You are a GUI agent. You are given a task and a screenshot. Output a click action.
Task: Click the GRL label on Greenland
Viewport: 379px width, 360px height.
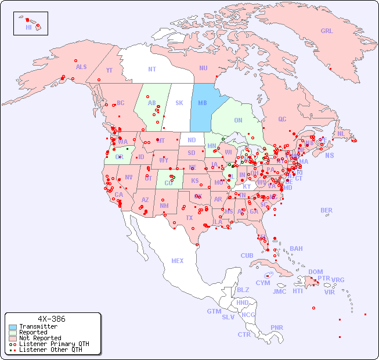pyautogui.click(x=327, y=31)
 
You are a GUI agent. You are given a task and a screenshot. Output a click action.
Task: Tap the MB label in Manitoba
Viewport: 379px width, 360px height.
pyautogui.click(x=203, y=103)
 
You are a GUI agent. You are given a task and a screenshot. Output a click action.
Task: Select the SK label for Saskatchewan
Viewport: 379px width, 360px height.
pyautogui.click(x=179, y=103)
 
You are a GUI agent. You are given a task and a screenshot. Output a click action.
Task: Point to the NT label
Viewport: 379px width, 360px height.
pyautogui.click(x=152, y=69)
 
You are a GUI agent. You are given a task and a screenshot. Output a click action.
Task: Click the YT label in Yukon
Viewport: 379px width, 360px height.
pyautogui.click(x=109, y=70)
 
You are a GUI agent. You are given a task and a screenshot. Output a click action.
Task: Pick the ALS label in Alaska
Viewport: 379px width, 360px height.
pyautogui.click(x=81, y=67)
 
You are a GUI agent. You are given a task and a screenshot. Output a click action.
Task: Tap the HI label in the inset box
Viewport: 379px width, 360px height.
pyautogui.click(x=28, y=27)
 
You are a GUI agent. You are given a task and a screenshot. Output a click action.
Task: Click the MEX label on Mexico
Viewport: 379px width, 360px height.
pyautogui.click(x=178, y=261)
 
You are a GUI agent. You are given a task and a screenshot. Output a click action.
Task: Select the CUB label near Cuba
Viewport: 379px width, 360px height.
pyautogui.click(x=247, y=255)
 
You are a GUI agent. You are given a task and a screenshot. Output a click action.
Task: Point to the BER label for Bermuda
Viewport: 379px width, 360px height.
pyautogui.click(x=327, y=210)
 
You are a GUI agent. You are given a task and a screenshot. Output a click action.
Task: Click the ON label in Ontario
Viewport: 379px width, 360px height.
pyautogui.click(x=238, y=120)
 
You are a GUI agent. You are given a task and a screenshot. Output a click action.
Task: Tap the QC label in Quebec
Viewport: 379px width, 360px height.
pyautogui.click(x=282, y=119)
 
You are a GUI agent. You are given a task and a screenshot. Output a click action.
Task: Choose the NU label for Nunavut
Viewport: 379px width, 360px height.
pyautogui.click(x=203, y=68)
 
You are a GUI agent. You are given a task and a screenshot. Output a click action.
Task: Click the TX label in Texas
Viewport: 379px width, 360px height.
pyautogui.click(x=189, y=218)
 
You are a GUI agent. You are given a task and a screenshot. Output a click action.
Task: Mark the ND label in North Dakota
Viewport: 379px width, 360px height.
pyautogui.click(x=192, y=140)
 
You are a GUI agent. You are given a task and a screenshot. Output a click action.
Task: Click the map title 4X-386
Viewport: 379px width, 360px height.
pyautogui.click(x=52, y=319)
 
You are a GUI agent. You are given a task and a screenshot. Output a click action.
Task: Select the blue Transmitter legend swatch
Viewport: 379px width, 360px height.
pyautogui.click(x=13, y=327)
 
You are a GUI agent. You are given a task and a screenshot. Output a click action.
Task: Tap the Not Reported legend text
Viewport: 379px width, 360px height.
pyautogui.click(x=40, y=338)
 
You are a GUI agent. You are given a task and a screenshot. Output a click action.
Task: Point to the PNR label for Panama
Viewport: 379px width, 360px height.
pyautogui.click(x=277, y=327)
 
